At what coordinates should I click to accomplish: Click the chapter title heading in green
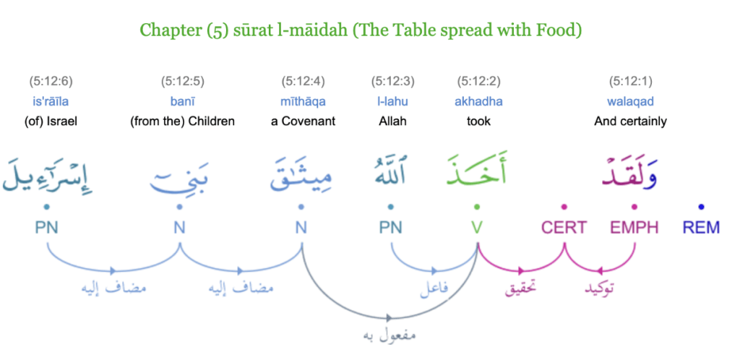[x=361, y=30]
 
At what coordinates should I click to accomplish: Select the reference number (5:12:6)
[x=51, y=82]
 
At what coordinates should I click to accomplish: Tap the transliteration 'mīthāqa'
[x=303, y=101]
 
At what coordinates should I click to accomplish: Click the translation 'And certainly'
[x=630, y=121]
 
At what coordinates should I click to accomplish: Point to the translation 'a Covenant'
[x=303, y=121]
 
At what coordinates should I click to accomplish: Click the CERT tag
[x=564, y=228]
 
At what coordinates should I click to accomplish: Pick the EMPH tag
[x=634, y=228]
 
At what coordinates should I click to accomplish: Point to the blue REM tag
[x=701, y=228]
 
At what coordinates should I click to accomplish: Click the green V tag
[x=477, y=228]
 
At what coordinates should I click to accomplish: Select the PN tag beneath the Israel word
[x=46, y=228]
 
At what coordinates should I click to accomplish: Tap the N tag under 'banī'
[x=179, y=228]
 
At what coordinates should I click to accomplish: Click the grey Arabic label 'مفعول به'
[x=389, y=335]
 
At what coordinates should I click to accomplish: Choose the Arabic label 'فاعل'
[x=434, y=288]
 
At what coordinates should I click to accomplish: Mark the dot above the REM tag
[x=701, y=207]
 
